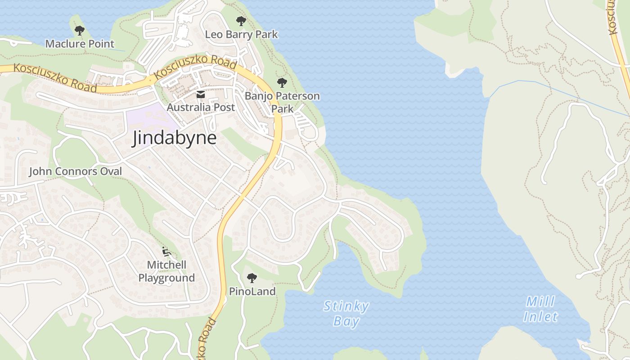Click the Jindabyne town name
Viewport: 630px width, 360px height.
point(174,138)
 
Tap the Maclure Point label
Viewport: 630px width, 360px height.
point(80,44)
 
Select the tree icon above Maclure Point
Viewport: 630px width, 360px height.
point(80,31)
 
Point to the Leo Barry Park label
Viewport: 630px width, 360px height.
point(241,34)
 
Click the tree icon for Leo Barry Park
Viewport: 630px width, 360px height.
point(241,21)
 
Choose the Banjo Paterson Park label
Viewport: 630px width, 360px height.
point(282,102)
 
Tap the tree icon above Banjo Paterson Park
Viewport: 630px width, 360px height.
point(282,82)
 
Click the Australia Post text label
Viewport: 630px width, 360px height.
point(201,107)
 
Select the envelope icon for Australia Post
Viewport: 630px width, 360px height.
point(201,94)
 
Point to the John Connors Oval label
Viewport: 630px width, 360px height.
point(76,171)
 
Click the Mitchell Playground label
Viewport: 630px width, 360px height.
point(166,271)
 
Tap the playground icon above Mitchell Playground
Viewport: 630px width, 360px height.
point(166,251)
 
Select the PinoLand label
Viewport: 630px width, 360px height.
point(252,291)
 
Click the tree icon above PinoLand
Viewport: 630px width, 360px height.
point(252,278)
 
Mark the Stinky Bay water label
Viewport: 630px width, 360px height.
point(346,314)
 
